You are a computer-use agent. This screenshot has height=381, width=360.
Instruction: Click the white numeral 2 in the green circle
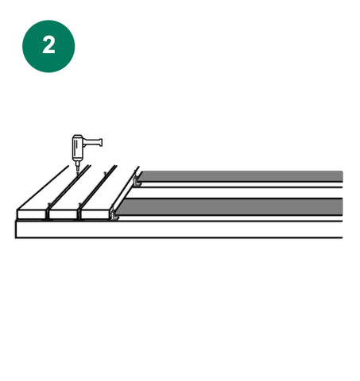(x=48, y=45)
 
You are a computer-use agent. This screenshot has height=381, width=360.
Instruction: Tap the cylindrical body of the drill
(x=77, y=148)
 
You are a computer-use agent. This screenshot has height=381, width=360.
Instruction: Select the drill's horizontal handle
(x=93, y=142)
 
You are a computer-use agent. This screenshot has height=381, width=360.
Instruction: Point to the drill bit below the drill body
(x=78, y=166)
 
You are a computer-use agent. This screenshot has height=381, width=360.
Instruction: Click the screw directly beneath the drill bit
(x=78, y=173)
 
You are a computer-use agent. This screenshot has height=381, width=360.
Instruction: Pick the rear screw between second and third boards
(x=105, y=173)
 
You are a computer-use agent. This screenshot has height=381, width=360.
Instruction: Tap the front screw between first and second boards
(x=48, y=204)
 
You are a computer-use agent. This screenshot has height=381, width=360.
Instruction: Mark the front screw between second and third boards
(x=79, y=204)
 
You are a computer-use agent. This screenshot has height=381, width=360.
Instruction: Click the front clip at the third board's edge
(x=114, y=214)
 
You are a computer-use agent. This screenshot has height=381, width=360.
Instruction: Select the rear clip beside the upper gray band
(x=137, y=181)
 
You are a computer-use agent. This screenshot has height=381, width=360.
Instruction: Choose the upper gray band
(x=241, y=176)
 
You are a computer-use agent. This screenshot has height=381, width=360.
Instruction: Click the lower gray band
(x=230, y=207)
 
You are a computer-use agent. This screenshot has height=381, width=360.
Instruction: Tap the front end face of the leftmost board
(x=32, y=214)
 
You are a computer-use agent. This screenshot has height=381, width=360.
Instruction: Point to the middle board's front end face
(x=64, y=214)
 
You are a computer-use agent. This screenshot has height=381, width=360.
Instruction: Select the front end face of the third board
(x=95, y=214)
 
